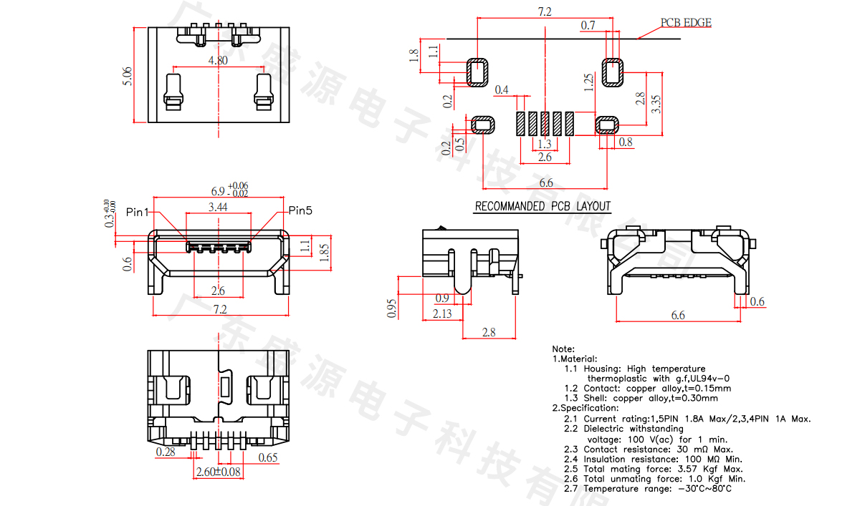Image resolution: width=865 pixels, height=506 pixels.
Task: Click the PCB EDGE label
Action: (685, 23)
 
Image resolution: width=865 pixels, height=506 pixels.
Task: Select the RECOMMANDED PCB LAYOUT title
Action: (543, 206)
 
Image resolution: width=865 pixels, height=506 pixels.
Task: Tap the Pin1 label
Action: (137, 212)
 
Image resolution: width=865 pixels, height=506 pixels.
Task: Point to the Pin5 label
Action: (301, 210)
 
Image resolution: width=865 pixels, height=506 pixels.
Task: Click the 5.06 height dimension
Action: (128, 77)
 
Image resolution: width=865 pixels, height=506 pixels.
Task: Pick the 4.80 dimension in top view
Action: (218, 61)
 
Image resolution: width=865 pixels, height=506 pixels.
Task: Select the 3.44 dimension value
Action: (218, 208)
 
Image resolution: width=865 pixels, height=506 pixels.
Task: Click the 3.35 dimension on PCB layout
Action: (656, 105)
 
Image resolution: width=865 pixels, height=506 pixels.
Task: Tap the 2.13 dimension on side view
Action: (442, 313)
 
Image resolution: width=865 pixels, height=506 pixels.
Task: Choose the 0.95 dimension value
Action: (392, 308)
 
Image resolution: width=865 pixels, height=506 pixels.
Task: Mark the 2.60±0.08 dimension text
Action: (218, 471)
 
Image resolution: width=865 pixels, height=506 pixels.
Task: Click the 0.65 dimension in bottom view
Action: (268, 457)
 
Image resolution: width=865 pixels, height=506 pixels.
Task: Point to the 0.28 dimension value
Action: (166, 452)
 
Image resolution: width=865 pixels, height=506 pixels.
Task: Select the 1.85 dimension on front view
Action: (323, 251)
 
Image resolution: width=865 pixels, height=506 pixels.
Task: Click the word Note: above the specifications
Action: (563, 349)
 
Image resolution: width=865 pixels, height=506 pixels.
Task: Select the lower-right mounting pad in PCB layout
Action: (608, 125)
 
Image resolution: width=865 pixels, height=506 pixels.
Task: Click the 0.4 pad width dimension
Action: (502, 89)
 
